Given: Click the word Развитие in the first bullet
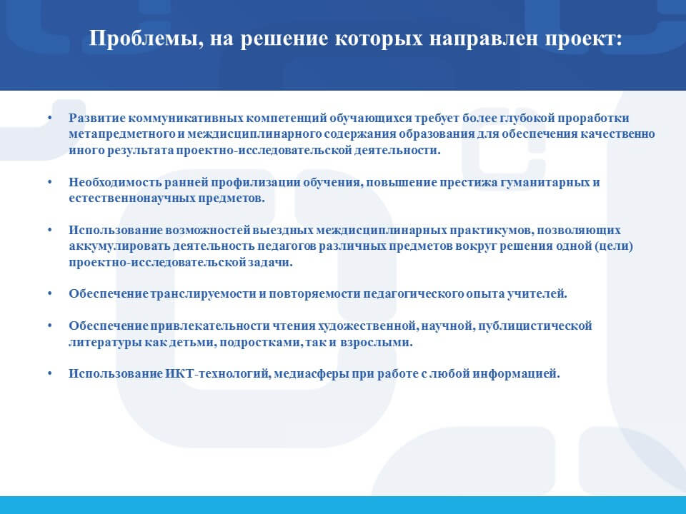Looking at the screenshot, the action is (x=97, y=118).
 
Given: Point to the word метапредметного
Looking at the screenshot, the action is (x=121, y=134).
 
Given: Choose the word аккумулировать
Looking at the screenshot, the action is (x=119, y=246).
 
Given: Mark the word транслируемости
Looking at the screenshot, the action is (x=204, y=293).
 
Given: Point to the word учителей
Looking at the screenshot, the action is (x=537, y=293).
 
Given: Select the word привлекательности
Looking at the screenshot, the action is (x=210, y=326).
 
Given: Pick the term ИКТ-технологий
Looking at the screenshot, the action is (x=218, y=373).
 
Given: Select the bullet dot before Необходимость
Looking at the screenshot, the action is (x=50, y=183).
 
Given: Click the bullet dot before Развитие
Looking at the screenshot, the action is (x=50, y=119).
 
